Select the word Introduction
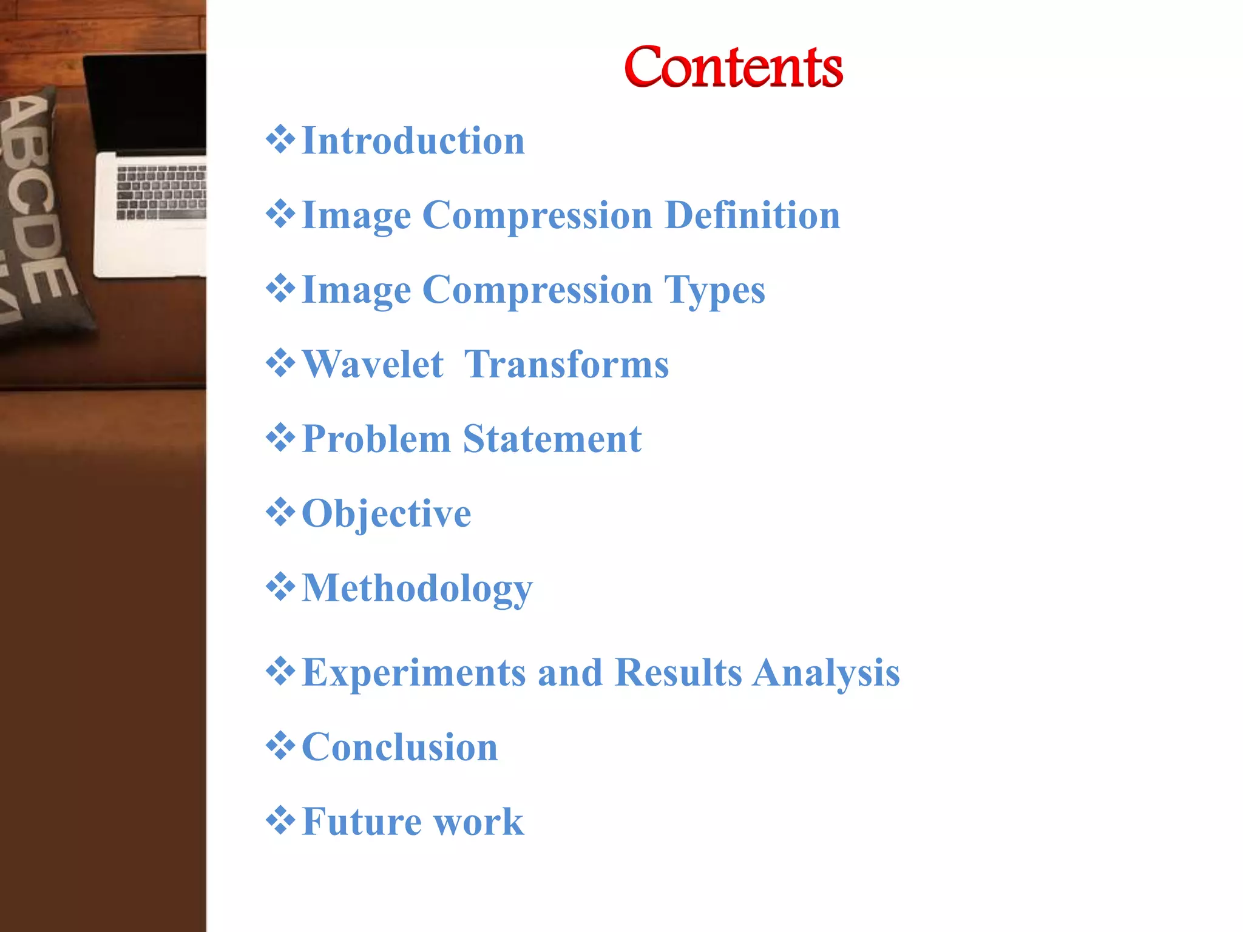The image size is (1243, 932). [413, 141]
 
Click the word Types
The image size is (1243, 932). [714, 290]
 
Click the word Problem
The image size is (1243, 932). [376, 439]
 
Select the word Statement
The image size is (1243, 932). [552, 439]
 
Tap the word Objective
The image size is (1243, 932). [386, 513]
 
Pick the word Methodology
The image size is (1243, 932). [417, 589]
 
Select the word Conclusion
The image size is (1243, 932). [399, 747]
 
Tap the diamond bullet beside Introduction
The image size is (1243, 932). [280, 140]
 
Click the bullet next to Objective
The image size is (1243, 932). [280, 512]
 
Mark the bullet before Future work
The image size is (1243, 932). [280, 820]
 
